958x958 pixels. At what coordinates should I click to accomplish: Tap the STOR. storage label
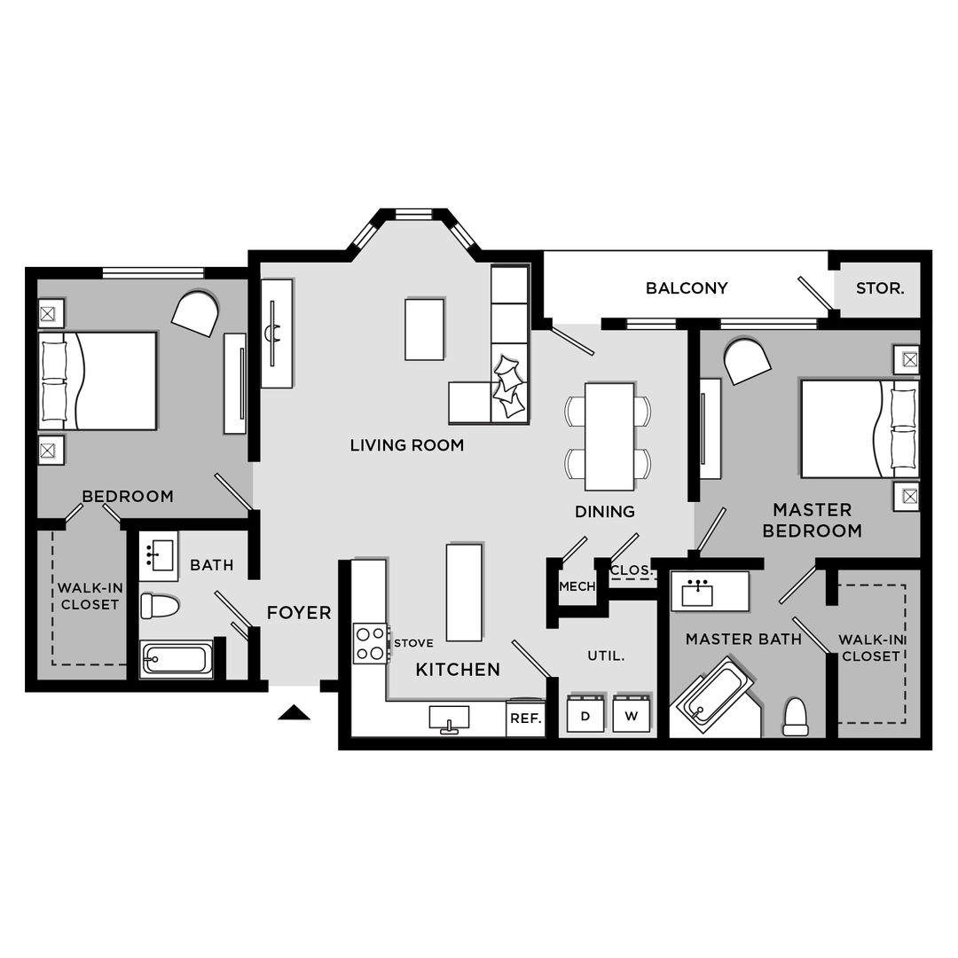coord(880,288)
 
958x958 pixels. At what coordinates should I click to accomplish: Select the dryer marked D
coord(585,715)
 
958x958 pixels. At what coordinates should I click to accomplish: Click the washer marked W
coord(632,715)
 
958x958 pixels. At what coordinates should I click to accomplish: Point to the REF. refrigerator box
coord(526,718)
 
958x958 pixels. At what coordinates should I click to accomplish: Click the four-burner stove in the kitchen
coord(370,643)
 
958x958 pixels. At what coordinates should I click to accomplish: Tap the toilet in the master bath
coord(796,718)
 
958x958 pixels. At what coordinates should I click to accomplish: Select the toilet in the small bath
coord(160,607)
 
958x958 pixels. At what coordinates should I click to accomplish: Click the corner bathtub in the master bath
coord(714,695)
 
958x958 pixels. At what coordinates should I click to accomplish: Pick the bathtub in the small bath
coord(177,659)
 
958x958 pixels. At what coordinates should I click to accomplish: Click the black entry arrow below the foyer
coord(294,712)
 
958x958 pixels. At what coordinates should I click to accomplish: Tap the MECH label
coord(577,586)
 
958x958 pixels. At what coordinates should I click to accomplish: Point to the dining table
coord(609,436)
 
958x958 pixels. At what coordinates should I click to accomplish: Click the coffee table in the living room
coord(425,329)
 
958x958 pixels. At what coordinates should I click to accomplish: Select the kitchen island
coord(464,592)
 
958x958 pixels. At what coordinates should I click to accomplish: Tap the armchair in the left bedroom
coord(195,313)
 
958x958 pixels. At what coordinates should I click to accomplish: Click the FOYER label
coord(299,613)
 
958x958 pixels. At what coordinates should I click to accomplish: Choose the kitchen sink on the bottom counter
coord(450,717)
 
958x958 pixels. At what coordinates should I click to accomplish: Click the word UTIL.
coord(606,656)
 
